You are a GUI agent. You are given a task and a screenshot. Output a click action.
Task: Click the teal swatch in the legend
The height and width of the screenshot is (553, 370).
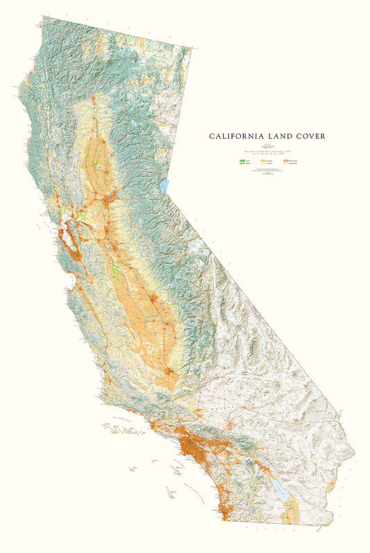pos(242,160)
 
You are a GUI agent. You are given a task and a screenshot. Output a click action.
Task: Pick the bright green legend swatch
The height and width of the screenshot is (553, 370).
pos(242,165)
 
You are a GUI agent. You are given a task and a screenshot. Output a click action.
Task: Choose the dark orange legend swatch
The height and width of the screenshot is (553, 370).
pos(285,160)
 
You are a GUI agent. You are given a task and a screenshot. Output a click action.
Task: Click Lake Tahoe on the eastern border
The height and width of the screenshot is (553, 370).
pos(165,186)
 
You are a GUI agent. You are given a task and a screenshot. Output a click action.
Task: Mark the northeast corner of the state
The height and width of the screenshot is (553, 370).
pos(196,49)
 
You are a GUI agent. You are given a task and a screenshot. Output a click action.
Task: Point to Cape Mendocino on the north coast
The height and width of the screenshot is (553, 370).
pos(15,89)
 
